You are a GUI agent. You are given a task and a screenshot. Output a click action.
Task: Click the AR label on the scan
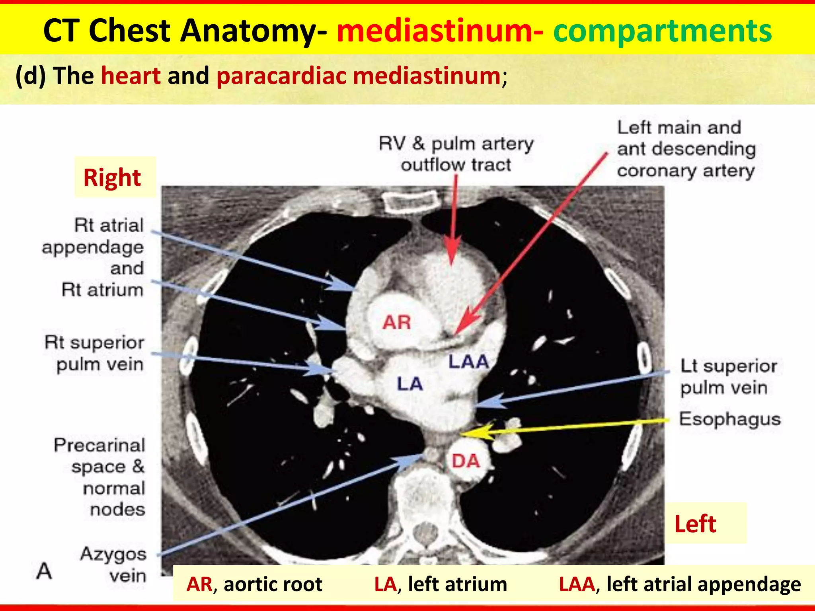[396, 322]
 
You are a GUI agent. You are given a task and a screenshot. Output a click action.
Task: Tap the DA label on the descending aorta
[466, 461]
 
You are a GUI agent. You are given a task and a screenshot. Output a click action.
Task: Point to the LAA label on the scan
[468, 362]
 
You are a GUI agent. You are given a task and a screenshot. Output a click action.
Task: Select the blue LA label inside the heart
[409, 384]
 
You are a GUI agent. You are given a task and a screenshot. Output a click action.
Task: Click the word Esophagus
[730, 419]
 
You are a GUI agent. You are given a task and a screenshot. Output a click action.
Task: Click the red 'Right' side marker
[112, 177]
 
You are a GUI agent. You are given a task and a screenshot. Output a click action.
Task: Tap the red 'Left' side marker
[695, 524]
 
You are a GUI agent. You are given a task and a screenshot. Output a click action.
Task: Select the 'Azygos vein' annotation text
[114, 565]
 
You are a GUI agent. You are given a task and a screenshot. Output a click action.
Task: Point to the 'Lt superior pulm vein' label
[728, 377]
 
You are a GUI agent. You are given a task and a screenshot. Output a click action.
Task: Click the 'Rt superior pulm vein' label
[95, 353]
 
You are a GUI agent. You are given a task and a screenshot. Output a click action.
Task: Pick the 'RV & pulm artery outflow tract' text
[456, 154]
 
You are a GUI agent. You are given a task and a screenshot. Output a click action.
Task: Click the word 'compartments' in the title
[662, 31]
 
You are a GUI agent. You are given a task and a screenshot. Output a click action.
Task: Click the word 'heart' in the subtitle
[131, 76]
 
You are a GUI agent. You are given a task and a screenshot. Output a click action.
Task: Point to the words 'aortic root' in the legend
[273, 584]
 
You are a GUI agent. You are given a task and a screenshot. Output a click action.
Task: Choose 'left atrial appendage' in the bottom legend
[704, 584]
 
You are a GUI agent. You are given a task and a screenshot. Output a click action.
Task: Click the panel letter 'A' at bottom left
[44, 571]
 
